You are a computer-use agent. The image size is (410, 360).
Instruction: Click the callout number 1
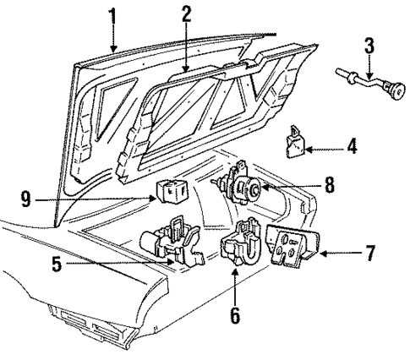(112, 15)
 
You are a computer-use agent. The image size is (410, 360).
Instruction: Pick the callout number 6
(235, 317)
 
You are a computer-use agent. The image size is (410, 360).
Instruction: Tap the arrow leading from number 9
(144, 200)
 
